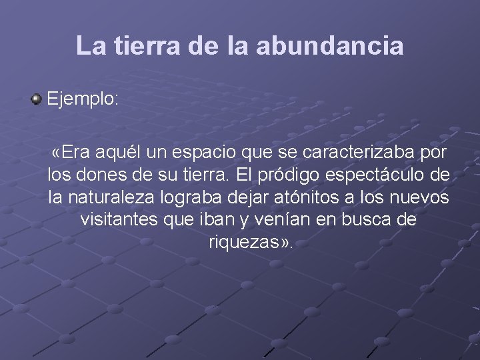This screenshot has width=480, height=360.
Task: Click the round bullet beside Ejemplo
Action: click(x=36, y=100)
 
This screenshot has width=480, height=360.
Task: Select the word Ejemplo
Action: click(x=82, y=100)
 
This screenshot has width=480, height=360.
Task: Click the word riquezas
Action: click(x=242, y=242)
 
